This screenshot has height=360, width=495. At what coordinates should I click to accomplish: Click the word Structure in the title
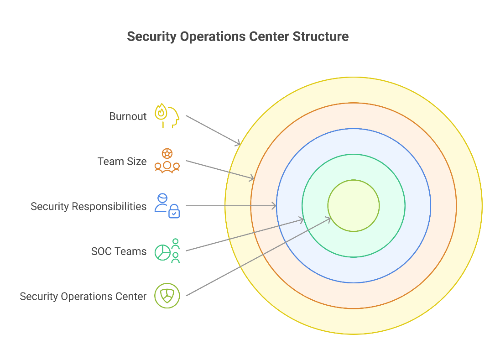[320, 37]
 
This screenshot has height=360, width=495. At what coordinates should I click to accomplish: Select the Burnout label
[128, 116]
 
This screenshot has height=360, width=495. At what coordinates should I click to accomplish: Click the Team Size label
[122, 162]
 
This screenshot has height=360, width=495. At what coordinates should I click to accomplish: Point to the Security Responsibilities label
[89, 207]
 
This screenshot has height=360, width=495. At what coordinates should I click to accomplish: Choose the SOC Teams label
[119, 251]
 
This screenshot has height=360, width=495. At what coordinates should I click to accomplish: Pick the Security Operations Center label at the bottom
[83, 297]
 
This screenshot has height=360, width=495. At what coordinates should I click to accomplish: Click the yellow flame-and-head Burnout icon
[167, 115]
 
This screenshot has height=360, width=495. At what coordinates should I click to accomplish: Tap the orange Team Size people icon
[167, 161]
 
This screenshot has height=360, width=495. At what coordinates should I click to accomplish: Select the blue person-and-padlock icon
[167, 206]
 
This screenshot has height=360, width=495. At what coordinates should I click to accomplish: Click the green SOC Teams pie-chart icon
[167, 251]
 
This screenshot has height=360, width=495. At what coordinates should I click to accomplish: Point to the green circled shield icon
[167, 296]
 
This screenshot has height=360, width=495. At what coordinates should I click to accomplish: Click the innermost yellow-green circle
[354, 206]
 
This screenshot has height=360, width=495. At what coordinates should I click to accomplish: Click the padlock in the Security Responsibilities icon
[174, 211]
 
